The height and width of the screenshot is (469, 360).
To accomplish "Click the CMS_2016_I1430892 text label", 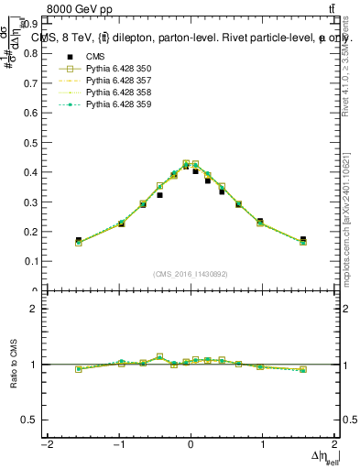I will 191,273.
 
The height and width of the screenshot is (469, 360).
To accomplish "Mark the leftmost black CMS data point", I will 79,240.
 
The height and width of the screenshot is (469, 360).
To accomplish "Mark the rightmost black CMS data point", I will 303,240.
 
